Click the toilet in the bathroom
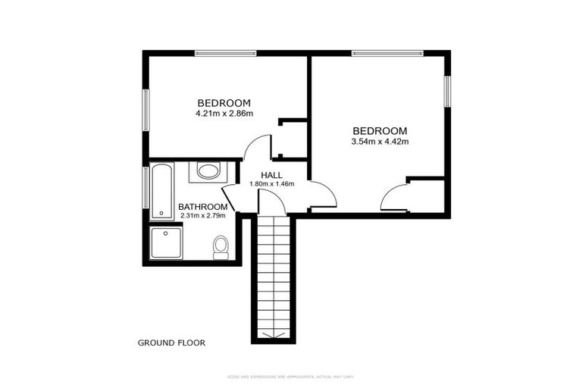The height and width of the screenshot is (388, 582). pos(221,246)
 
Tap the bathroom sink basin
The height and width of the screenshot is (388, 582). pos(208,171)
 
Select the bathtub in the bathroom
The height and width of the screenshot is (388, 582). pos(161,191)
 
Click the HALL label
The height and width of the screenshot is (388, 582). pos(271,175)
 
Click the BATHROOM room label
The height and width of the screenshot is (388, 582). pos(202,207)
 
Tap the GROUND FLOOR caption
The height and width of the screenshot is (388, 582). pos(171,343)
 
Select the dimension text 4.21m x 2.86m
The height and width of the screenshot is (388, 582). pos(224,114)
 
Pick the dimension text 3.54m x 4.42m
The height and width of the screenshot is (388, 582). pos(380,141)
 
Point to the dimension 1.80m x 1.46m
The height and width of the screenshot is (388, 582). pos(271,184)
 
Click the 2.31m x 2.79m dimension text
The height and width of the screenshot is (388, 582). pos(202,216)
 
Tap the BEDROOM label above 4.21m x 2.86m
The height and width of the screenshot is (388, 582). pos(224,103)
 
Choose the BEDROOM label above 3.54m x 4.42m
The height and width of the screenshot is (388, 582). pos(380,130)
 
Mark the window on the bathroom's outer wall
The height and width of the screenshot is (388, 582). pos(145,186)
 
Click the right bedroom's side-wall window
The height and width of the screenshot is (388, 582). pos(447,91)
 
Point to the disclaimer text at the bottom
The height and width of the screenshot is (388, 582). pos(291,377)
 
